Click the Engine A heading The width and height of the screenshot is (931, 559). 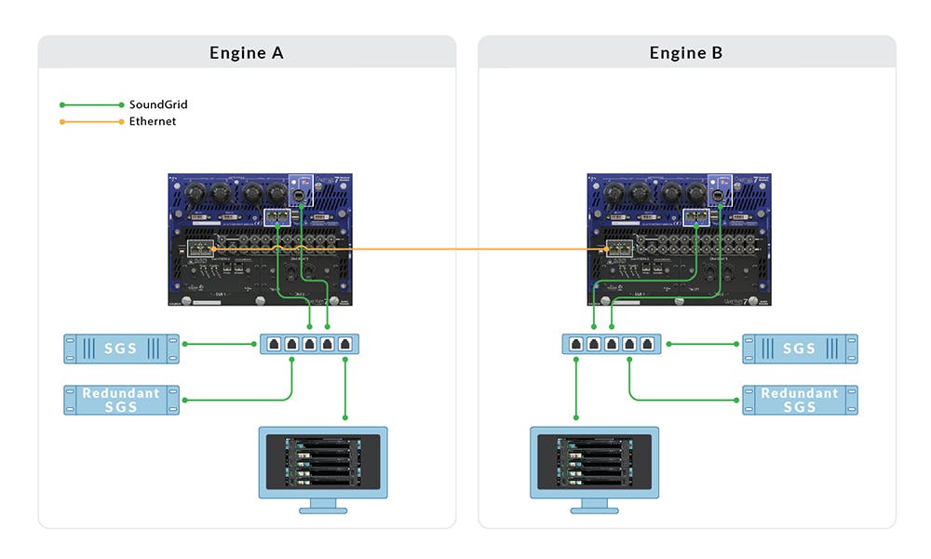(x=247, y=53)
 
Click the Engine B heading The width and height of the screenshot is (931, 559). (x=686, y=53)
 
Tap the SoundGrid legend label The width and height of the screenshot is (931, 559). (x=158, y=104)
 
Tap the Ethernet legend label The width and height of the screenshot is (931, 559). (x=153, y=121)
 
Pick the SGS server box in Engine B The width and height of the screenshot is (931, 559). (x=800, y=348)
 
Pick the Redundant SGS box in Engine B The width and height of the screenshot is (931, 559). (x=800, y=400)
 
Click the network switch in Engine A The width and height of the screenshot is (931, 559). (x=309, y=344)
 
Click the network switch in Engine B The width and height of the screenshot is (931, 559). (x=611, y=344)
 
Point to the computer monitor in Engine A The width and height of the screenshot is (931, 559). (x=322, y=461)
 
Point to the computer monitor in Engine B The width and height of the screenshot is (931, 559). (x=594, y=461)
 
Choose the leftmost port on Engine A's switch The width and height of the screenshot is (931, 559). (x=275, y=344)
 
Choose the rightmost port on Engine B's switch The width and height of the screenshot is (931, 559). (x=645, y=344)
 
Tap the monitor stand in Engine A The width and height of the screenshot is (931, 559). (x=322, y=505)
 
